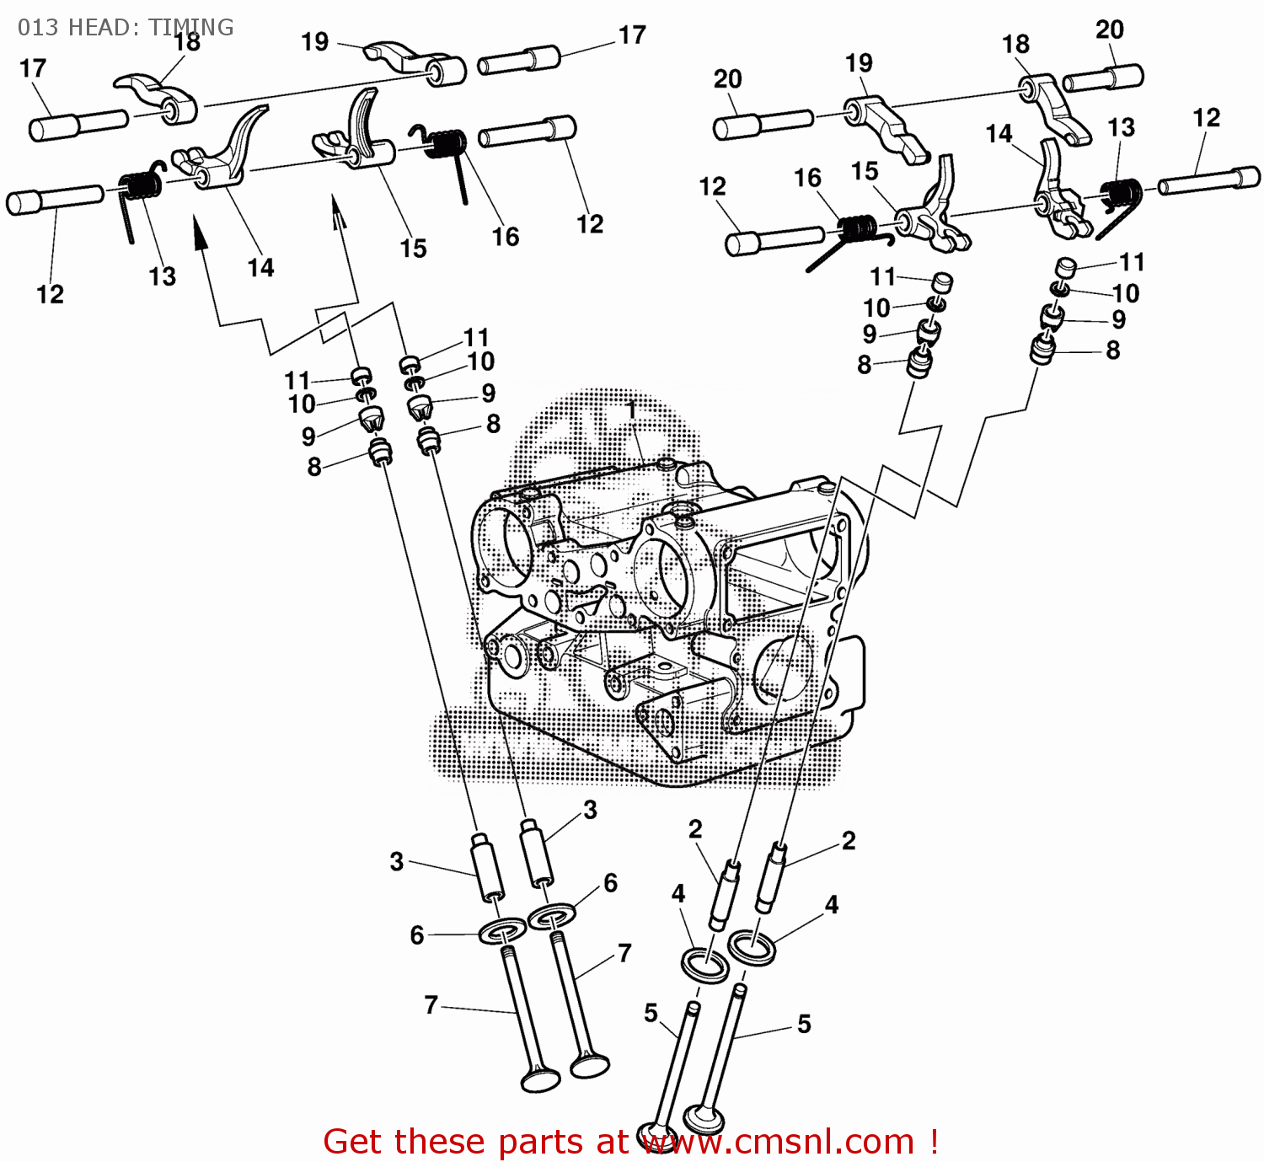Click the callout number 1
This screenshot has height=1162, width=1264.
[x=632, y=411]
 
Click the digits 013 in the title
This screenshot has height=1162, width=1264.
[x=38, y=28]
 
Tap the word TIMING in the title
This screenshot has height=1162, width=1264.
[x=191, y=28]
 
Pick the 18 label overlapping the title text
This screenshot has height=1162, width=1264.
[x=187, y=42]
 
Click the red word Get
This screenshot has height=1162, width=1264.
[x=355, y=1141]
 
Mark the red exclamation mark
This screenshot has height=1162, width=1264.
[x=934, y=1141]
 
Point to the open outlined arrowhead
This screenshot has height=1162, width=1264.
[x=339, y=212]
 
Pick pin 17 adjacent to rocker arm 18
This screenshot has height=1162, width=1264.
[x=79, y=126]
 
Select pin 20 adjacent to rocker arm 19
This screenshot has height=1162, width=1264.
[x=763, y=124]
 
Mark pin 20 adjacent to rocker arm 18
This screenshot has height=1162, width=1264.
[x=1103, y=78]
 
